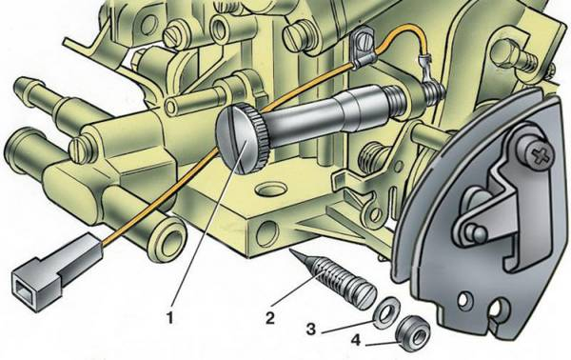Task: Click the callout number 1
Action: click(x=169, y=318)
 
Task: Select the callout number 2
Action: click(x=270, y=318)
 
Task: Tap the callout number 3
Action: click(x=310, y=329)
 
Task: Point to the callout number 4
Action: click(x=356, y=340)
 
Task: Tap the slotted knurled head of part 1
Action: click(x=241, y=138)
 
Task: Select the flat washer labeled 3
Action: click(x=387, y=312)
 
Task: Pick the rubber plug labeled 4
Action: click(x=413, y=333)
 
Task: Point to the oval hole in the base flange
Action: click(x=271, y=190)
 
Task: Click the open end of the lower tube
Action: click(x=168, y=239)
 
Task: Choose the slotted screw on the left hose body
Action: click(x=81, y=149)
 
